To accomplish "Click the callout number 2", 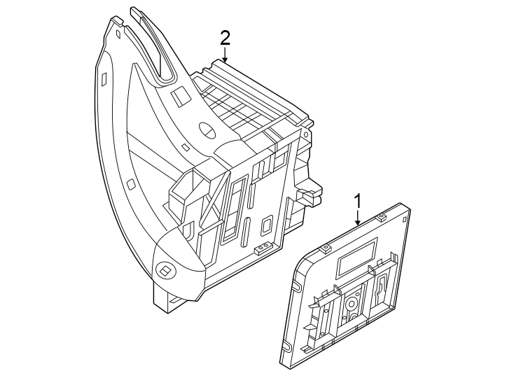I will tap(224, 37).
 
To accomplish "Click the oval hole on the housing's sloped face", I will tap(208, 129).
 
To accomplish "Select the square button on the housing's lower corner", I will tap(166, 269).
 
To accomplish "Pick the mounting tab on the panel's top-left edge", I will tap(325, 248).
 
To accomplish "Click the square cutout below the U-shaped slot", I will tap(180, 97).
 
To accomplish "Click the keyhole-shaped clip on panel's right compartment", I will tap(382, 287).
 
